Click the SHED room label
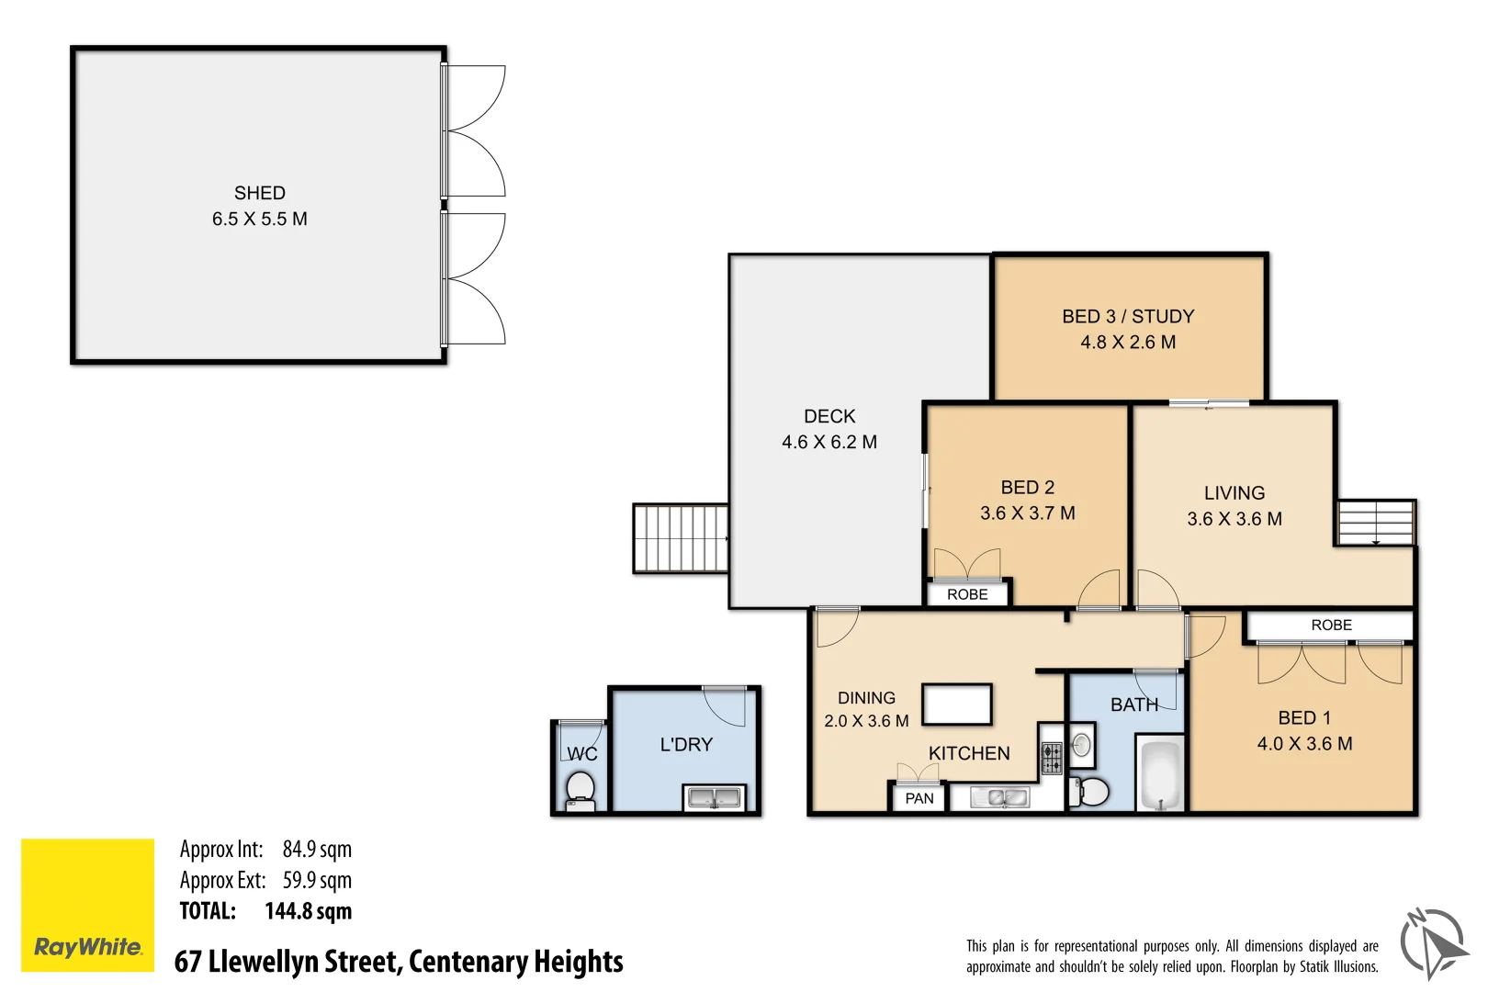260,193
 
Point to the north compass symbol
1433,942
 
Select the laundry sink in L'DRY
715,798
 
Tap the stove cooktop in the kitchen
1053,759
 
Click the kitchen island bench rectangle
957,705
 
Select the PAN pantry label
919,798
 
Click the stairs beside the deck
681,538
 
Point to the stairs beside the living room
1375,523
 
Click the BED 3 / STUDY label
1128,316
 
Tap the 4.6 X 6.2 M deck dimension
829,442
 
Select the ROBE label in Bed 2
967,594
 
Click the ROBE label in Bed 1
1331,625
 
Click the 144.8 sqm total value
308,911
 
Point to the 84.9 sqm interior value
317,849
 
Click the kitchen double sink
1000,797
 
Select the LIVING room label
1234,493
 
